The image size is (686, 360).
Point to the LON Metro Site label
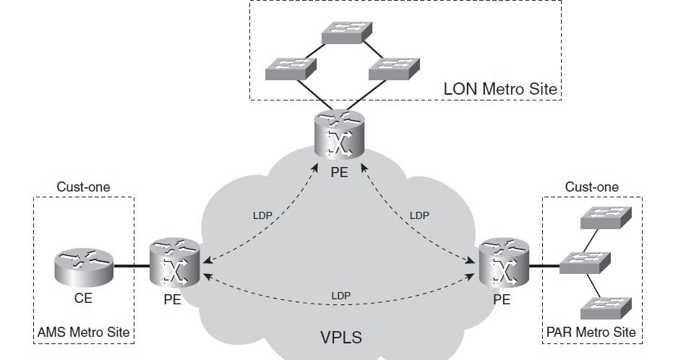click(x=500, y=90)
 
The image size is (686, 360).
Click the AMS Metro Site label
click(x=83, y=332)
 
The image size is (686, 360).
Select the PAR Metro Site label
click(x=592, y=332)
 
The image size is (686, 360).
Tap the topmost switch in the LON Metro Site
click(x=348, y=30)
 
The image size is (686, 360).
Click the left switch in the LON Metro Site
click(x=291, y=67)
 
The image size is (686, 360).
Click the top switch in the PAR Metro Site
click(x=605, y=217)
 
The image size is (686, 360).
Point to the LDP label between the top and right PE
click(x=419, y=215)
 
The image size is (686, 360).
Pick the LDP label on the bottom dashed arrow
click(x=340, y=295)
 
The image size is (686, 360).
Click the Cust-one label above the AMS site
click(x=83, y=187)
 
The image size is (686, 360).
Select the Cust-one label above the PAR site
click(x=591, y=187)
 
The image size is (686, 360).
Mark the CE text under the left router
click(x=83, y=298)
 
